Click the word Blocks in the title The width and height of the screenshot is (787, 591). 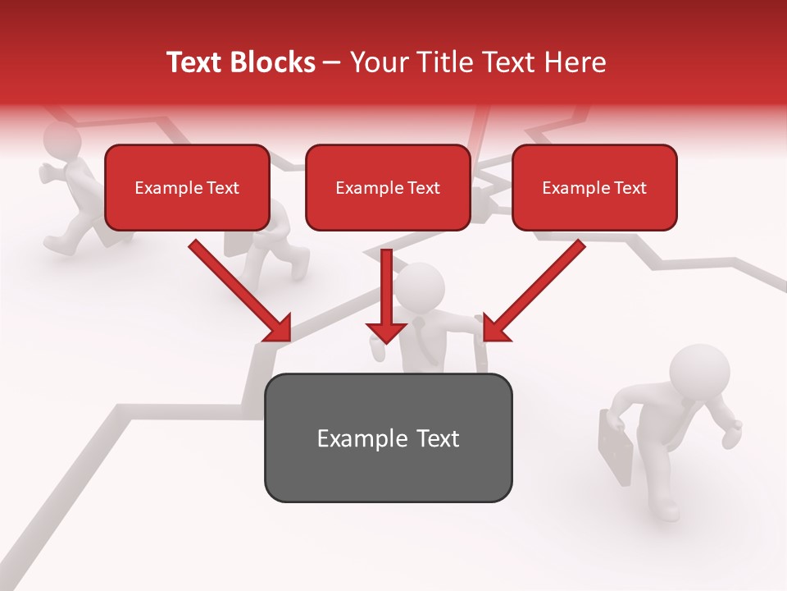(x=272, y=62)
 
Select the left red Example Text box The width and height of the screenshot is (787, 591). (x=187, y=187)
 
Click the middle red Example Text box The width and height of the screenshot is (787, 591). (x=388, y=187)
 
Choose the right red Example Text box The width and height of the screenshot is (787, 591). (x=594, y=187)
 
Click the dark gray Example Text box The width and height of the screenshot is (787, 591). (x=388, y=438)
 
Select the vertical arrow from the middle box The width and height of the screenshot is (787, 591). (x=386, y=295)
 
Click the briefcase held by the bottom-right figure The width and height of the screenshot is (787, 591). (x=616, y=448)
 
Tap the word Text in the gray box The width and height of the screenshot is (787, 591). (x=437, y=438)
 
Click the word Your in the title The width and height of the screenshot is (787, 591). (x=378, y=62)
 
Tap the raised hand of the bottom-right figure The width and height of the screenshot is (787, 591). (x=734, y=430)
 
